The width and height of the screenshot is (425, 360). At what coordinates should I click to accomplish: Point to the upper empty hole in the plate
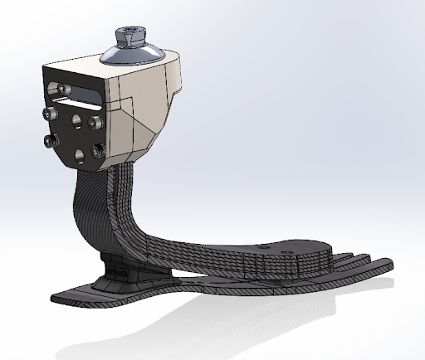(76, 120)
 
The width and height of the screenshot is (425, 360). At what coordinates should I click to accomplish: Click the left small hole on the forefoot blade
(264, 246)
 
